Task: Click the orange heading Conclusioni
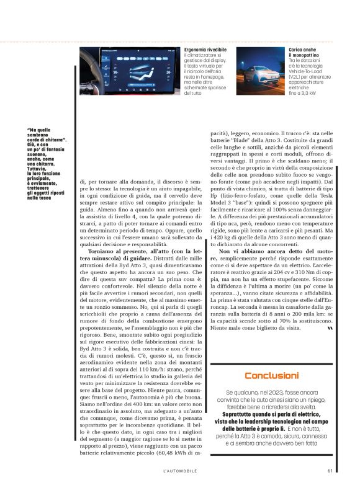tap(271, 375)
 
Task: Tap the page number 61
tap(330, 470)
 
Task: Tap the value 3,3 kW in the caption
tap(304, 92)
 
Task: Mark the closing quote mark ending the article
tap(329, 329)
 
